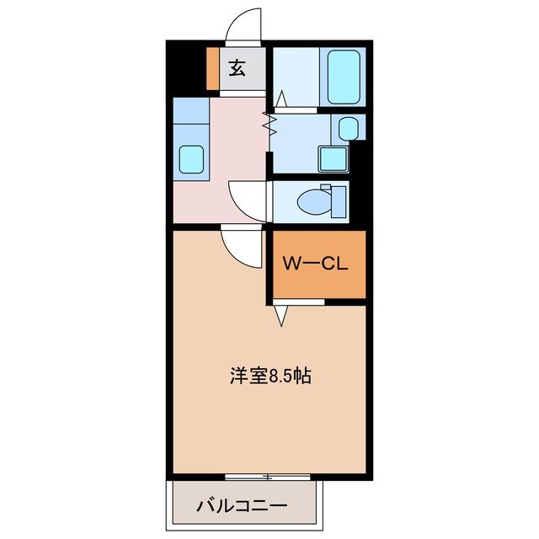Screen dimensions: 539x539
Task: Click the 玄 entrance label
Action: [x=238, y=68]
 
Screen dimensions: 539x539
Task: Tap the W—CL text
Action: [x=316, y=264]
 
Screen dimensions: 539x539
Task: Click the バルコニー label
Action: [x=242, y=506]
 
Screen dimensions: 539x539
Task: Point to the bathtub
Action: [x=344, y=77]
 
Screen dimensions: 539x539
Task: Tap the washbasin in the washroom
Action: [x=349, y=128]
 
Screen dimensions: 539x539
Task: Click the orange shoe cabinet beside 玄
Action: [x=212, y=68]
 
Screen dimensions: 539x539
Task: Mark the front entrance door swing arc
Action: [x=243, y=24]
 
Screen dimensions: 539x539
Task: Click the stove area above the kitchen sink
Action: [x=191, y=112]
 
